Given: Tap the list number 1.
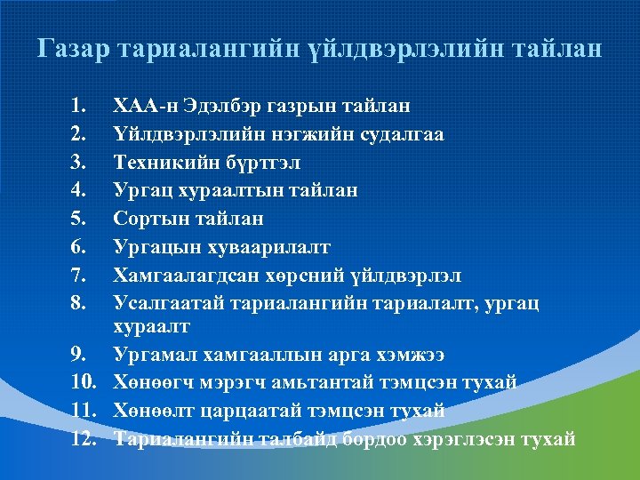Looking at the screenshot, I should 77,107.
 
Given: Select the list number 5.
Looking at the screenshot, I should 78,218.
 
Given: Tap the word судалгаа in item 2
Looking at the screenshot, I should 396,134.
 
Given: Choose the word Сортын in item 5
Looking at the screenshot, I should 149,218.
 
